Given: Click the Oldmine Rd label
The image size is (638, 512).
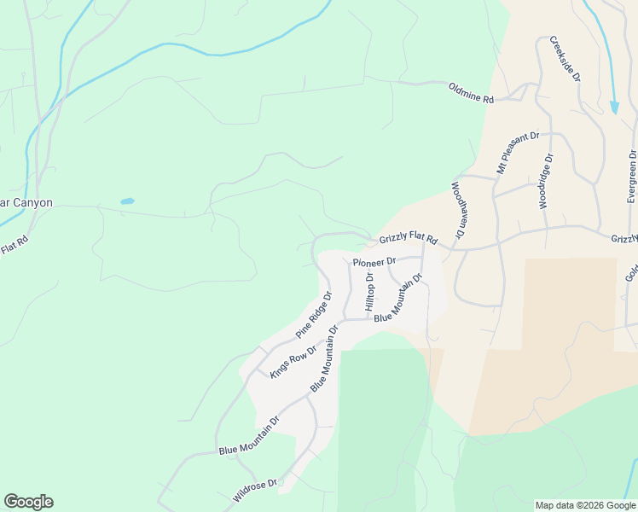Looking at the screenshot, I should click(471, 93).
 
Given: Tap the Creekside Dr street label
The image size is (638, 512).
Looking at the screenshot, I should click(565, 58).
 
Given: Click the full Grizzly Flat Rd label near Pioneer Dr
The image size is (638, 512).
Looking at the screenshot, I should click(408, 240).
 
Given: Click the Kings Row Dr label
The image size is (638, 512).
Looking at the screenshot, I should click(293, 361).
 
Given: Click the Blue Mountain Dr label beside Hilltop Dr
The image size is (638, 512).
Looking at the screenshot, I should click(398, 297).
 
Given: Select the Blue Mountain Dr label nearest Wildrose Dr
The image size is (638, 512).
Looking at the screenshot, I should click(249, 436).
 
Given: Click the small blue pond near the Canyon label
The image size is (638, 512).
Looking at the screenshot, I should click(127, 201).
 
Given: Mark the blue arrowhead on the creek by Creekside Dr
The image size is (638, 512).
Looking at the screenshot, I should click(614, 108).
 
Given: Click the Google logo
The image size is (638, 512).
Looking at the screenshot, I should click(28, 502).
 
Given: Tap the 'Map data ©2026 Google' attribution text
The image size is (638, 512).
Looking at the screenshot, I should click(585, 505).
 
